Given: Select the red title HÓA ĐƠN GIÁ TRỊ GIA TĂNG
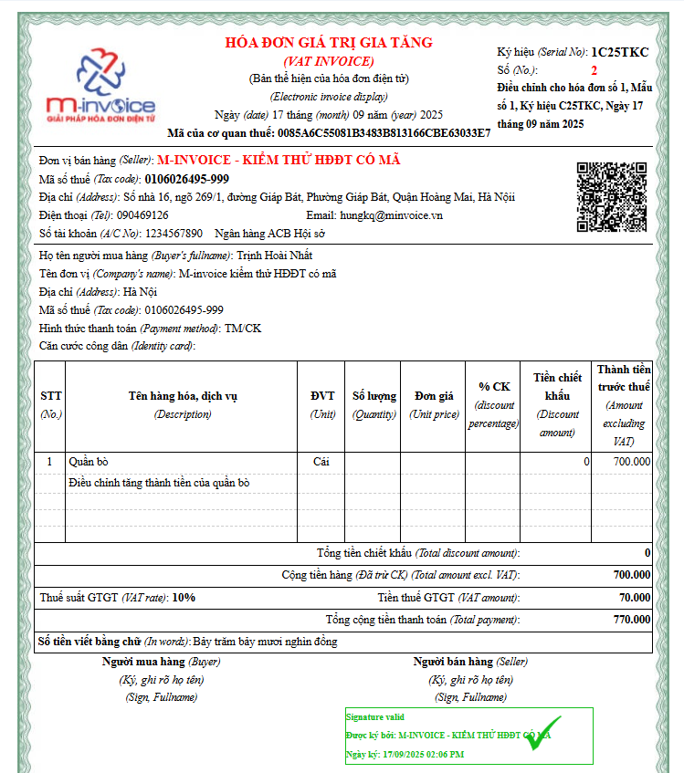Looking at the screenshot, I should [329, 43].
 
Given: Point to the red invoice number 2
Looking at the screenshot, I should [595, 69].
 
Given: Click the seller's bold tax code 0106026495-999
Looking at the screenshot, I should [186, 179].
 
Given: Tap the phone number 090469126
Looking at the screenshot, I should [142, 214].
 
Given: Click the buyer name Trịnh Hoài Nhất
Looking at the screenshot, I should [275, 256].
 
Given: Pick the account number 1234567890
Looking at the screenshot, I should [174, 233].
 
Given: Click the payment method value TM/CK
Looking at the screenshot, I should [243, 329].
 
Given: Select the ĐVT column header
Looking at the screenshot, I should [321, 396].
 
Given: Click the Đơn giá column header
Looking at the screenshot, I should [434, 396].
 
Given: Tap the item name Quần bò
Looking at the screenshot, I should [89, 462].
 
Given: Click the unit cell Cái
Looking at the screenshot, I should [321, 462].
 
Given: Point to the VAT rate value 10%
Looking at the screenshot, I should [184, 598].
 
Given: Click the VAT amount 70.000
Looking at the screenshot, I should [635, 598].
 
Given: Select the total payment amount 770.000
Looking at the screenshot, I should [633, 620].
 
